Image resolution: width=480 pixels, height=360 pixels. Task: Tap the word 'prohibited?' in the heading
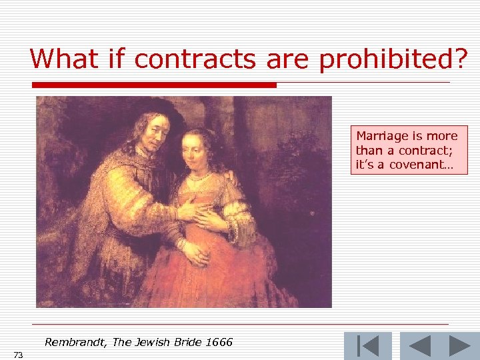(x=393, y=59)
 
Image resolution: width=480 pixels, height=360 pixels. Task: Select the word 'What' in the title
(x=60, y=59)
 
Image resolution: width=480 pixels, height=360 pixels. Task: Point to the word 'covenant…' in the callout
(x=419, y=164)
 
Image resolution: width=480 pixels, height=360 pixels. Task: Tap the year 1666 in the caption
(x=219, y=343)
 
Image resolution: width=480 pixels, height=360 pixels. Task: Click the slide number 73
(x=18, y=355)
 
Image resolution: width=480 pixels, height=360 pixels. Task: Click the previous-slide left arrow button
(x=419, y=346)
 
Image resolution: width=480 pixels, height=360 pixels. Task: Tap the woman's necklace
(x=201, y=177)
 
